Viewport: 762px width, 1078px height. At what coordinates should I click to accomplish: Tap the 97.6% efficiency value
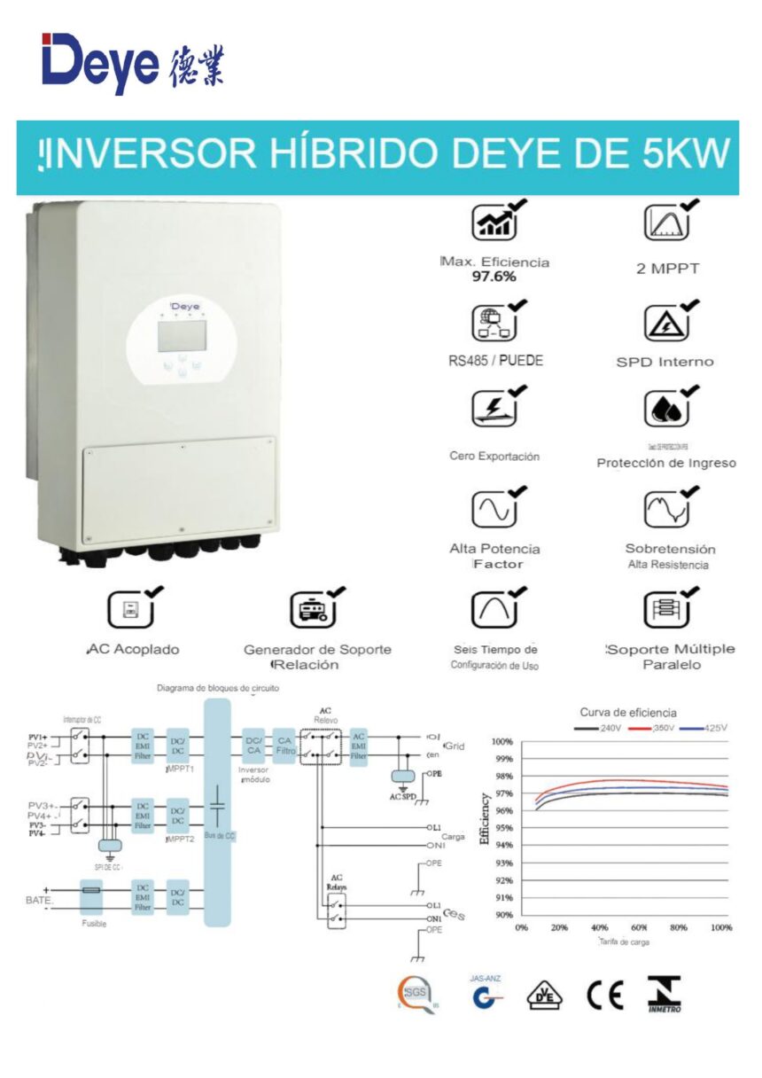pos(494,277)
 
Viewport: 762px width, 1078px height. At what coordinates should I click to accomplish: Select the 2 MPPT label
pos(667,268)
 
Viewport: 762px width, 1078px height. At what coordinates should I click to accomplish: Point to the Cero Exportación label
pos(494,457)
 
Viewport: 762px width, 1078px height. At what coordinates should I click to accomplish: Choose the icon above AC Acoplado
pos(130,610)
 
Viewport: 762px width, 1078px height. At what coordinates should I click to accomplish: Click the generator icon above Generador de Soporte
pos(313,610)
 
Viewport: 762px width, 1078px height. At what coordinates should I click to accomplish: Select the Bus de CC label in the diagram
pos(217,836)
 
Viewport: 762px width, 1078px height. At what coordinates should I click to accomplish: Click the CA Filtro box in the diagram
pos(285,745)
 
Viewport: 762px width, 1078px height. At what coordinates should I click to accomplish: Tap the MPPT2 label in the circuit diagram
pos(181,837)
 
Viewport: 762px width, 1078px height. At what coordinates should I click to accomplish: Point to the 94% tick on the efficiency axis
pos(503,845)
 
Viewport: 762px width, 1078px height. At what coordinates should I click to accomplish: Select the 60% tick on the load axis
pos(639,928)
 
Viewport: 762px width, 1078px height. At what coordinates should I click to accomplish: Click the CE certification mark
pos(605,996)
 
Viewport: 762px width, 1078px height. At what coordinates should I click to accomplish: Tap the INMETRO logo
pos(664,995)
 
